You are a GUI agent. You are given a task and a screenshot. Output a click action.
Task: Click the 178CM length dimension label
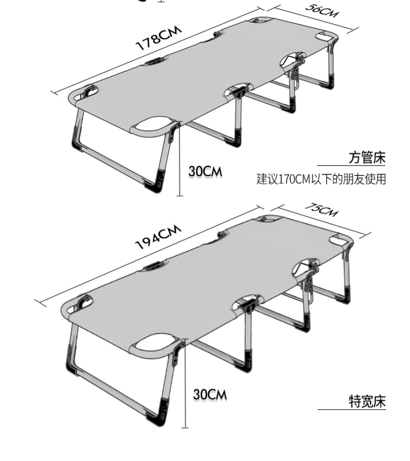[158, 39]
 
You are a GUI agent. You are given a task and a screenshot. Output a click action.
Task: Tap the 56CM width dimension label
[321, 11]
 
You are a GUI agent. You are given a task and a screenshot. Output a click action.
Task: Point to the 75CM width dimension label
[321, 209]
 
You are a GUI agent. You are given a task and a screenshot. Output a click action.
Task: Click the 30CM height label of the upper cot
[205, 171]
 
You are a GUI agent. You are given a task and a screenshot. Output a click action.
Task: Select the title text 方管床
[366, 157]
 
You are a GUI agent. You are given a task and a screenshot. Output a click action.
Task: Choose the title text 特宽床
[366, 401]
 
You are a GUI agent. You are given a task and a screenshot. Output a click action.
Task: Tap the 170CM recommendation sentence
[321, 179]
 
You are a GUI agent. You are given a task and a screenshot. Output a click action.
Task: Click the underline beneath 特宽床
[351, 409]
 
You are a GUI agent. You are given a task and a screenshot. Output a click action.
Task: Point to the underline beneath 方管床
[351, 165]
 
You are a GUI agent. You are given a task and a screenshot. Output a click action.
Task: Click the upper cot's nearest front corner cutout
[152, 125]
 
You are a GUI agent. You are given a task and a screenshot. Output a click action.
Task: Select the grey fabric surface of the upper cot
[205, 77]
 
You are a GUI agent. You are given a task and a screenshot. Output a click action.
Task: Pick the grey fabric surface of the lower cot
[205, 287]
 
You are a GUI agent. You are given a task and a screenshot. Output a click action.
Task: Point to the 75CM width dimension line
[320, 221]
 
